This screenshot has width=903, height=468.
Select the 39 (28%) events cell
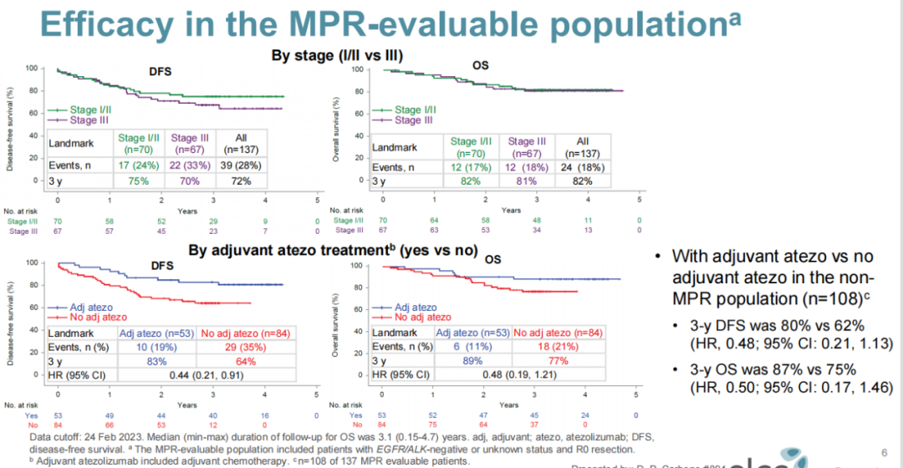(x=242, y=167)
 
